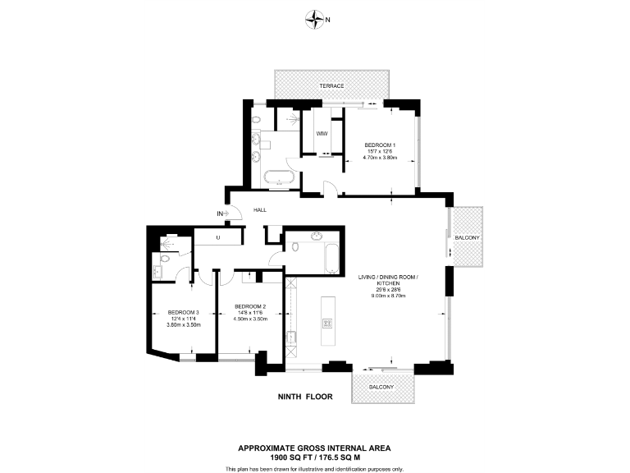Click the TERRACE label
click(331, 86)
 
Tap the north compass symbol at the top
click(314, 19)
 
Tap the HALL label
click(260, 210)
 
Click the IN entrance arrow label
click(220, 214)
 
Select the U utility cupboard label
click(218, 238)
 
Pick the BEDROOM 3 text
click(184, 312)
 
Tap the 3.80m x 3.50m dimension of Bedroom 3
click(184, 325)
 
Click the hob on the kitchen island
click(328, 323)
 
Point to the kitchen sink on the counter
click(291, 337)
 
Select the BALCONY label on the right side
click(470, 237)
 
